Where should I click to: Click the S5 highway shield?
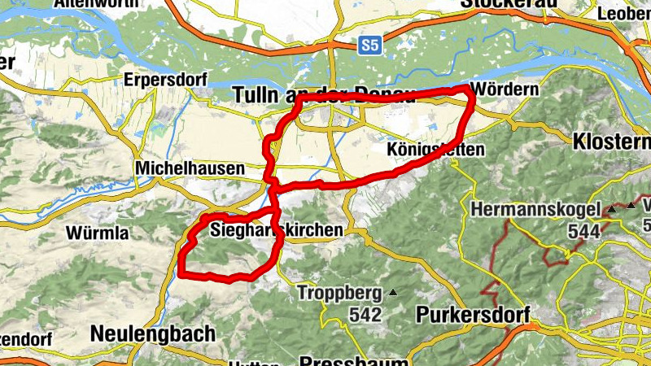click(370, 46)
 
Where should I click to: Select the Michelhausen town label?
click(190, 168)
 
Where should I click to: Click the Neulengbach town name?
click(153, 333)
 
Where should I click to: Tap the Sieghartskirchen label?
click(276, 230)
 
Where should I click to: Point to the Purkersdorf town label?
click(472, 314)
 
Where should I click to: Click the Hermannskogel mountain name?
click(535, 209)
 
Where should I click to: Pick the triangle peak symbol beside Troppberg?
click(394, 292)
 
